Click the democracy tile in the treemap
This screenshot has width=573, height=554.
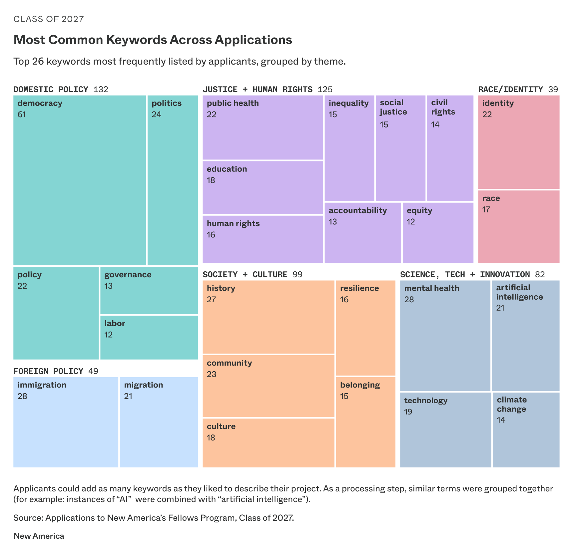coord(80,180)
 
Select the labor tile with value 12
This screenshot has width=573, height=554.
coord(149,337)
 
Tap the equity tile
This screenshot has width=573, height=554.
coord(438,233)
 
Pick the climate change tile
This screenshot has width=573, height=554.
coord(526,430)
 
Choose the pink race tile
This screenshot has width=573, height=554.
coord(519,226)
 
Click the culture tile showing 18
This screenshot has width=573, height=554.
coord(269,443)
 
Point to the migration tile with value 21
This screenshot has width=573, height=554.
coord(159,422)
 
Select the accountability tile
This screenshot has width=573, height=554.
coord(363,233)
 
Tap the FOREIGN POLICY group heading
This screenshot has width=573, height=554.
coord(48,371)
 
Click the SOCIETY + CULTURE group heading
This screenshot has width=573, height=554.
coord(245,275)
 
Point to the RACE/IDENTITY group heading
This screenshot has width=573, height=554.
coord(510,90)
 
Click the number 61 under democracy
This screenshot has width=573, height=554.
coord(22,115)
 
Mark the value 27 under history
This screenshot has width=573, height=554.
coord(211,300)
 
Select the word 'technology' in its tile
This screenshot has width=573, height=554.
coord(426,401)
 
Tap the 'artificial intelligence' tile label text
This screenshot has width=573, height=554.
coord(519,292)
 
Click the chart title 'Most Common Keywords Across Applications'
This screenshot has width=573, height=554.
coord(153,40)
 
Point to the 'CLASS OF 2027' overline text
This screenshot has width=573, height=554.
coord(49,19)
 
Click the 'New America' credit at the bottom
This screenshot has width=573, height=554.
coord(39,536)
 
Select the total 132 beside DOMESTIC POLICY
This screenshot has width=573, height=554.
coord(101,90)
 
